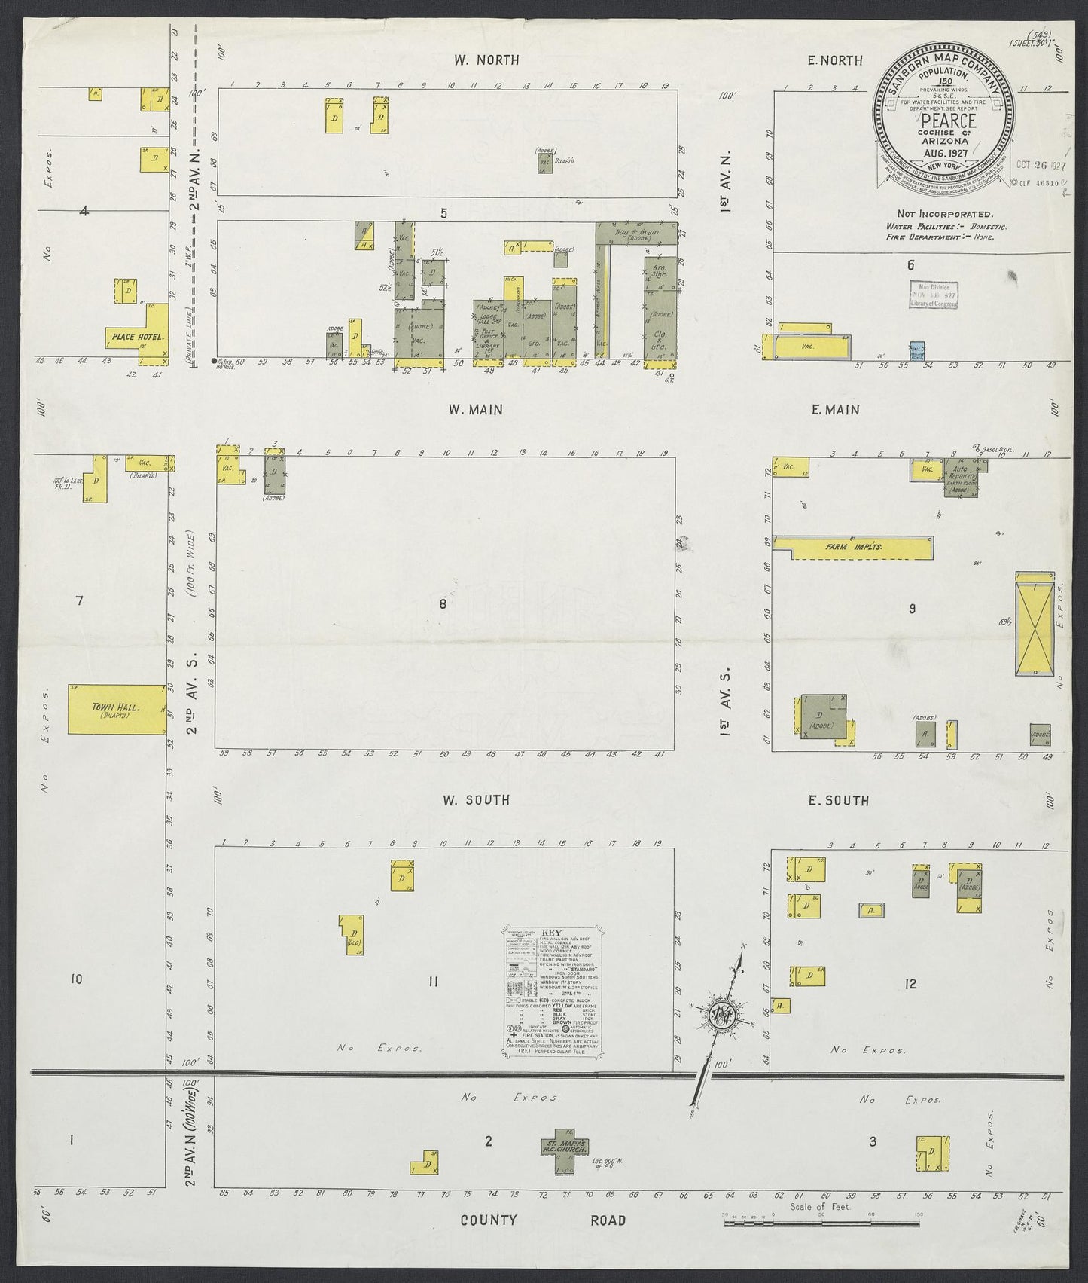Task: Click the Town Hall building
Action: pyautogui.click(x=117, y=709)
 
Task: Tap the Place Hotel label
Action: pyautogui.click(x=137, y=336)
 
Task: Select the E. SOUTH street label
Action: pyautogui.click(x=838, y=800)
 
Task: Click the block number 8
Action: pyautogui.click(x=443, y=603)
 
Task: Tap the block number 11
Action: pyautogui.click(x=433, y=981)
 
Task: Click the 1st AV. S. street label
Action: pyautogui.click(x=726, y=689)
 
